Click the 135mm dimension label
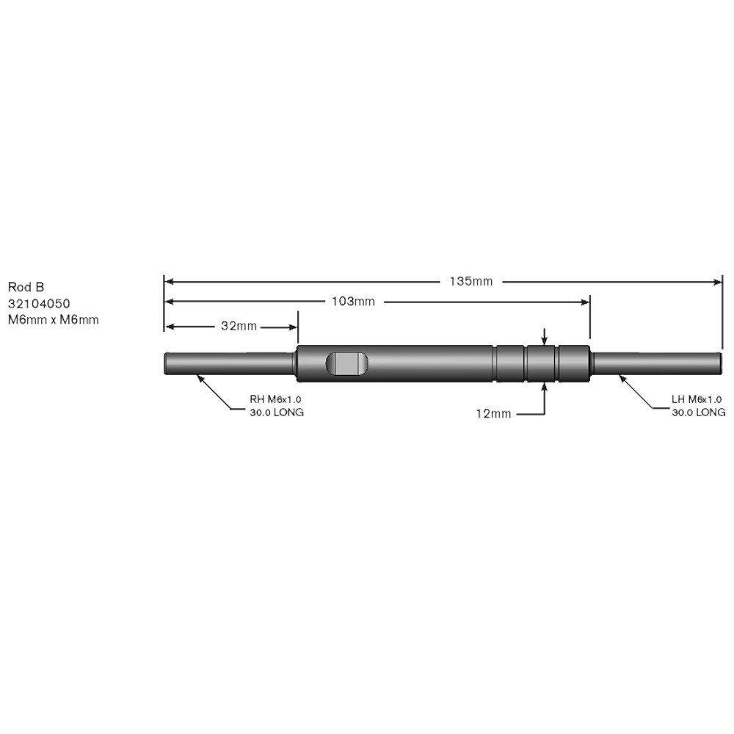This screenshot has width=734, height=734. [x=471, y=281]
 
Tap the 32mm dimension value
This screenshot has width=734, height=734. [x=239, y=326]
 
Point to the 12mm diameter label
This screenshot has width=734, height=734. [x=493, y=414]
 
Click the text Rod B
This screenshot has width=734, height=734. [x=26, y=287]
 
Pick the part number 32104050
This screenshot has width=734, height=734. [x=40, y=303]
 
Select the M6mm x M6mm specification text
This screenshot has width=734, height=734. [x=53, y=319]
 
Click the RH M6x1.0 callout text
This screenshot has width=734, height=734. [x=276, y=399]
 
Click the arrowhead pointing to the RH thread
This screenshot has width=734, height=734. [x=199, y=377]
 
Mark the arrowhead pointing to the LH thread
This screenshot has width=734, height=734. [x=621, y=377]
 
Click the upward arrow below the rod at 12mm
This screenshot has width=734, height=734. [x=544, y=387]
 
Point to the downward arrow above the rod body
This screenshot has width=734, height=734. [x=544, y=340]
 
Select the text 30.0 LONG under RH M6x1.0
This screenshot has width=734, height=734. [x=277, y=413]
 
